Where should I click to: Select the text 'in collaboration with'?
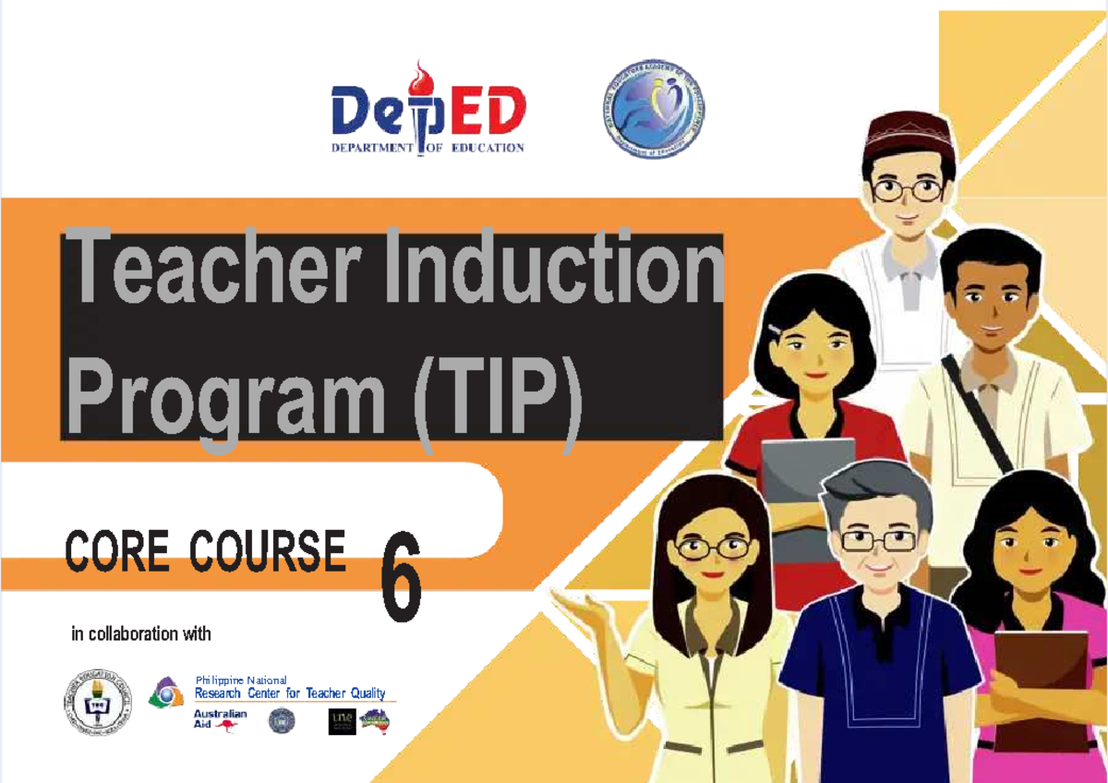pos(141,634)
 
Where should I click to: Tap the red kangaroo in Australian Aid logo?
pos(227,726)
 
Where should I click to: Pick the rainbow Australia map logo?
pos(375,718)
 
